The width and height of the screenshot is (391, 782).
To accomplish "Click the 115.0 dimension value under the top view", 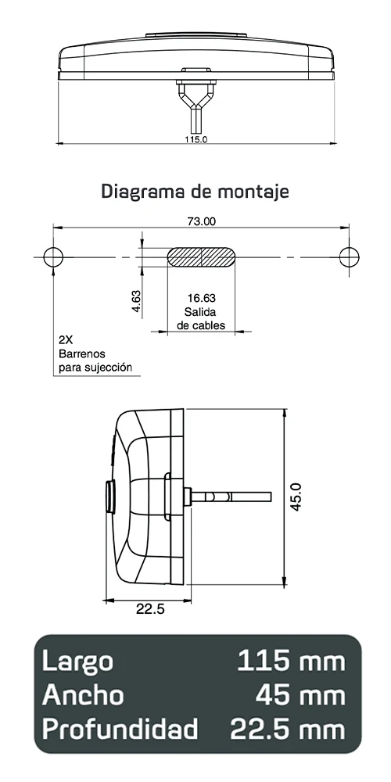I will click(195, 139).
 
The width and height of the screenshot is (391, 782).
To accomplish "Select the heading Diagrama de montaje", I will click(195, 191).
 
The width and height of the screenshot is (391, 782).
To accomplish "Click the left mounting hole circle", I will click(53, 256).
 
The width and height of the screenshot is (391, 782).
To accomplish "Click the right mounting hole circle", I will click(349, 256).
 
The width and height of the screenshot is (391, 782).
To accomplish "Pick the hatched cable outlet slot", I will click(201, 257).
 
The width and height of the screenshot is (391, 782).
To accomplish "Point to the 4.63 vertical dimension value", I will click(135, 302).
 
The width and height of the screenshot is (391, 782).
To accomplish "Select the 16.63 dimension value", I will click(201, 298).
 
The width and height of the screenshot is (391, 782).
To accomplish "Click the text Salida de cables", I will click(201, 318).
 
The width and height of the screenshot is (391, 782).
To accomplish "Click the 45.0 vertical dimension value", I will click(296, 497).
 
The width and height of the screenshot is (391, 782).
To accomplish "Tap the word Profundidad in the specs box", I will click(120, 730).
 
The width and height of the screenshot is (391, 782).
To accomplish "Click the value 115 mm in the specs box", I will click(290, 661).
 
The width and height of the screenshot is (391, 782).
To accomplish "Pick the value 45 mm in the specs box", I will click(300, 695).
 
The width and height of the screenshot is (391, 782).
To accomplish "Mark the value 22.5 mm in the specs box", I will click(287, 730).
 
